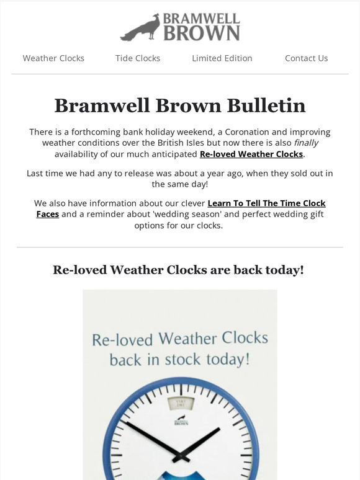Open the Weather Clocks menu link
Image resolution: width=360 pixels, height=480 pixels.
point(53,58)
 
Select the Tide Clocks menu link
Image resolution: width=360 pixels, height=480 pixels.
point(138,58)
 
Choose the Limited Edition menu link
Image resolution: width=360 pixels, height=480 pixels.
point(222,58)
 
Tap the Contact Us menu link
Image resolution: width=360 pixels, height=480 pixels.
point(306,58)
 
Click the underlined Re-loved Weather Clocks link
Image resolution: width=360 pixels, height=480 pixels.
point(251,154)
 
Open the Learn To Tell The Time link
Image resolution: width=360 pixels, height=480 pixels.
point(266,203)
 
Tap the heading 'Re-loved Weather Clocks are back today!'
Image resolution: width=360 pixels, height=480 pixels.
point(179,270)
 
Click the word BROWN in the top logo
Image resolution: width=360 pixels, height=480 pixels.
point(201,33)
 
